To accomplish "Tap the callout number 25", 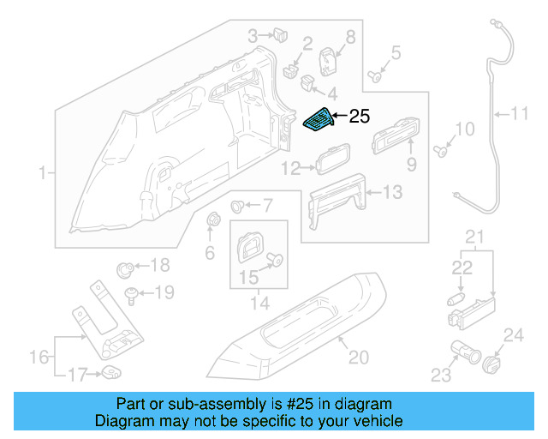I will [x=359, y=116].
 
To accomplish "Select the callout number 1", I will [x=40, y=174].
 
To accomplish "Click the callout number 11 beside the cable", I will [x=521, y=112].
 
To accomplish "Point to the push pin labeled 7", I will [x=239, y=206].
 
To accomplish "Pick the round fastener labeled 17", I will [x=111, y=371].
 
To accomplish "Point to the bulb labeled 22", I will [x=454, y=300].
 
